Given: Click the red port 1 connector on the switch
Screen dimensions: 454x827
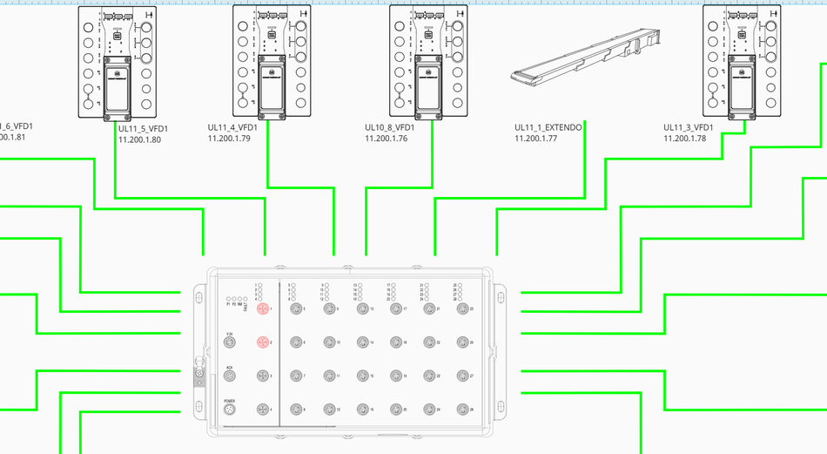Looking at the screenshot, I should pyautogui.click(x=262, y=309).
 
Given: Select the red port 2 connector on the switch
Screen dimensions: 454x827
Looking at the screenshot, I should pyautogui.click(x=262, y=342).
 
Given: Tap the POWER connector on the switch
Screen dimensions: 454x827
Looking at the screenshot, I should pyautogui.click(x=230, y=410).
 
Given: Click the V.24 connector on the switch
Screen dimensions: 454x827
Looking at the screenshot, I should pyautogui.click(x=230, y=342).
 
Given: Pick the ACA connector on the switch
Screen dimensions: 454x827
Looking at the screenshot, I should pyautogui.click(x=230, y=376).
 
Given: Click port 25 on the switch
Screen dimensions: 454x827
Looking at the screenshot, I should pyautogui.click(x=462, y=309).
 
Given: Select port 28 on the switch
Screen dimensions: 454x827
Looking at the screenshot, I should pyautogui.click(x=462, y=410).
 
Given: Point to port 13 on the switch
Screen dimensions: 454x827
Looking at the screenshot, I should pyautogui.click(x=363, y=309).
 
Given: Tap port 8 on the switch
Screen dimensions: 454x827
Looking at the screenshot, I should pyautogui.click(x=296, y=410).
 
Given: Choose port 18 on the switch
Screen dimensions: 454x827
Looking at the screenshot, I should pyautogui.click(x=396, y=342).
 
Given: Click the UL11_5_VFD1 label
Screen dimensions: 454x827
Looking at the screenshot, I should pyautogui.click(x=143, y=129).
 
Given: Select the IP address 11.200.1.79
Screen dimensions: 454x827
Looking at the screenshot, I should pyautogui.click(x=229, y=139).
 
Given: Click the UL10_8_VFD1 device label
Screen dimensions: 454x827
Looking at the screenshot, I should pyautogui.click(x=389, y=127).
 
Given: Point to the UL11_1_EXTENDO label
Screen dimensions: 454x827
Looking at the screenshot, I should pyautogui.click(x=548, y=127).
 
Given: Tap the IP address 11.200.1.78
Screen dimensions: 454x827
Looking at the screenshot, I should pyautogui.click(x=685, y=139).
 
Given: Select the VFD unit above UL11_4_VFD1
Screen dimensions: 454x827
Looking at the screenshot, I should pyautogui.click(x=272, y=61).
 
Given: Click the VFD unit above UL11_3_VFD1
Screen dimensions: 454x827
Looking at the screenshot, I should pyautogui.click(x=743, y=61).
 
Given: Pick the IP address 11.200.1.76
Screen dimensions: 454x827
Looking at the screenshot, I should pyautogui.click(x=387, y=139).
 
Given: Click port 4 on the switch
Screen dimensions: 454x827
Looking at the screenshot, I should pyautogui.click(x=262, y=410).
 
